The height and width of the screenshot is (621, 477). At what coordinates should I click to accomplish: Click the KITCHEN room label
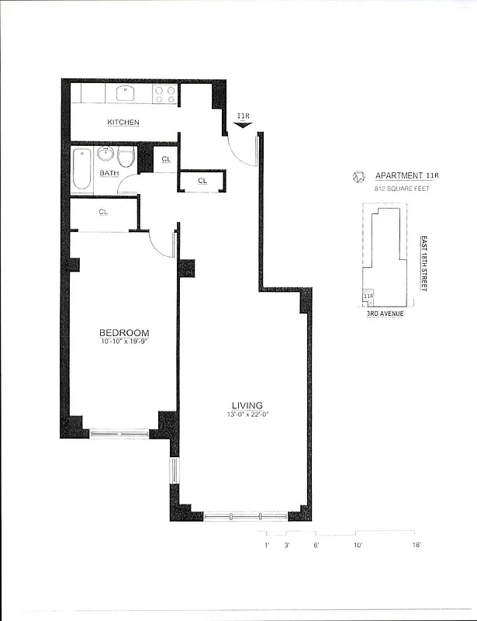[x=123, y=123]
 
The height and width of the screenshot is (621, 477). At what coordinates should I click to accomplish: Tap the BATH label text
[x=109, y=173]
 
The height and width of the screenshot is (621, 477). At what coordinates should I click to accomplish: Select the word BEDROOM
[x=124, y=333]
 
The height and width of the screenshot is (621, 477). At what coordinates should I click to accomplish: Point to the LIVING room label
[x=247, y=405]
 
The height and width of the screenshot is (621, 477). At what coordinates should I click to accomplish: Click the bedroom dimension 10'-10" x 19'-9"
[x=124, y=342]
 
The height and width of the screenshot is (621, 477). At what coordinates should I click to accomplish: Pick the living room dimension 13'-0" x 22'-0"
[x=247, y=415]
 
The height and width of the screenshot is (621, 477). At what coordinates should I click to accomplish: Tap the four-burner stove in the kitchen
[x=164, y=94]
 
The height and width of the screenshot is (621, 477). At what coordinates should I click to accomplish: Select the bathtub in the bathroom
[x=82, y=170]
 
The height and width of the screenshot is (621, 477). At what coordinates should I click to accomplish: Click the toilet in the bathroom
[x=126, y=159]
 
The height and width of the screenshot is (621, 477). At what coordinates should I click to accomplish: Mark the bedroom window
[x=119, y=434]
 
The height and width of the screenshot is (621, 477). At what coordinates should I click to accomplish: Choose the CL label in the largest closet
[x=103, y=211]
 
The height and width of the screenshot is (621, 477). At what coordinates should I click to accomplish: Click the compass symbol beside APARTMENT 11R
[x=358, y=177]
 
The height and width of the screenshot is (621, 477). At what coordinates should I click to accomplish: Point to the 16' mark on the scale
[x=416, y=546]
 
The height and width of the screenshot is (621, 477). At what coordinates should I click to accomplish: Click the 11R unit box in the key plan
[x=369, y=297]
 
